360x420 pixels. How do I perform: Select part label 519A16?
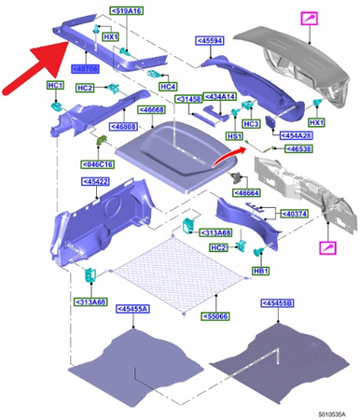point(126,10)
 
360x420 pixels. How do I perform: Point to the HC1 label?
point(55,86)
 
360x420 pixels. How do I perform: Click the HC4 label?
point(168,87)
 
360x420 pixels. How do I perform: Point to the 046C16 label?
point(97,163)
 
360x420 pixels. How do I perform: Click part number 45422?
point(97,182)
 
